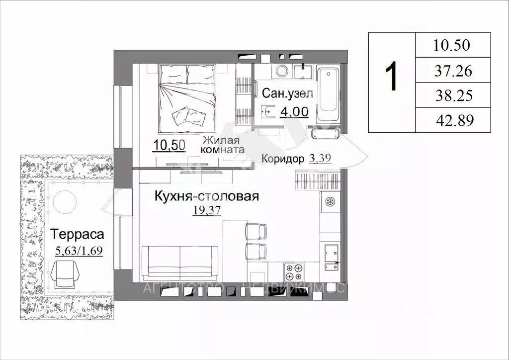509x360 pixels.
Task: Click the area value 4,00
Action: [294, 112]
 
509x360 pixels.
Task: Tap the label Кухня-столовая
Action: [206, 196]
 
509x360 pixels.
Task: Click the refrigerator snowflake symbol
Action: [330, 202]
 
